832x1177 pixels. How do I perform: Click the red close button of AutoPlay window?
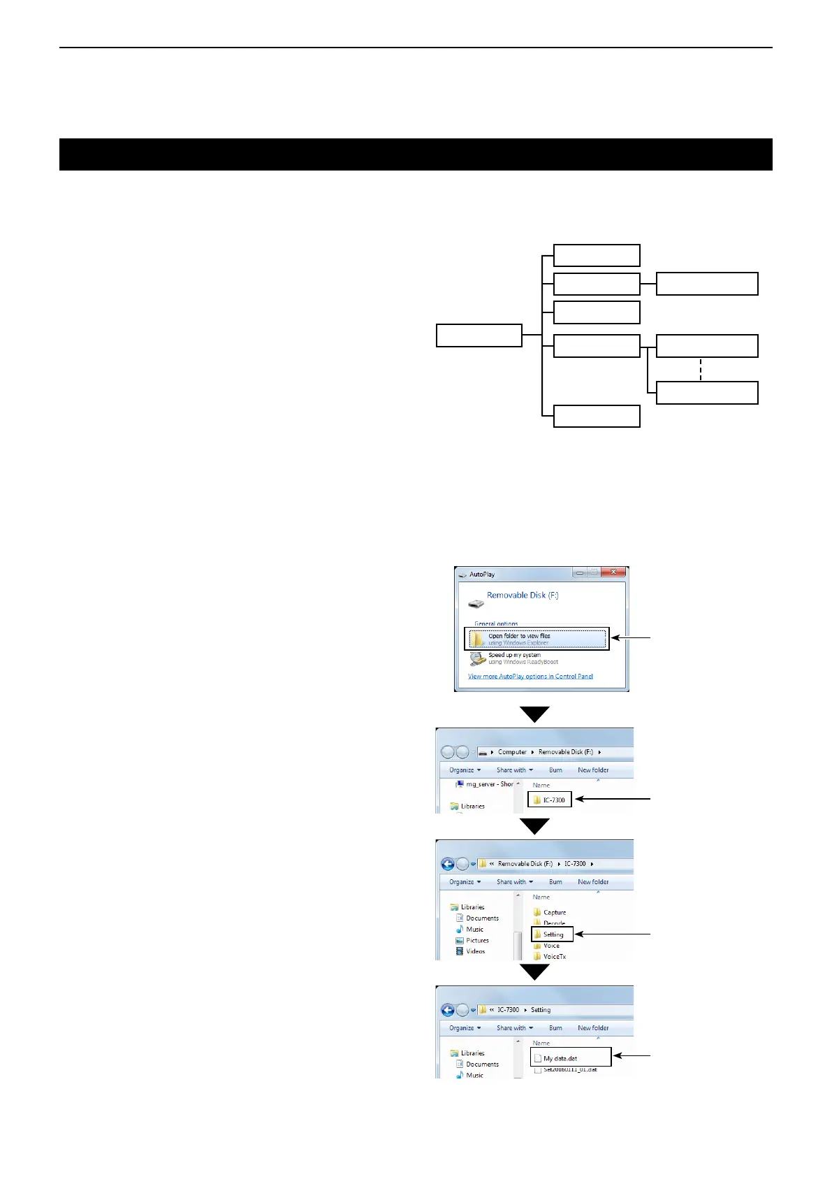(x=613, y=572)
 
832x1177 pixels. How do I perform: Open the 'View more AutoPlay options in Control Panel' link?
(x=530, y=677)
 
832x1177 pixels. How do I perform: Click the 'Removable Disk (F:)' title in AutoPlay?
(x=523, y=595)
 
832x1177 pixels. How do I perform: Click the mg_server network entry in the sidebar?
(x=485, y=784)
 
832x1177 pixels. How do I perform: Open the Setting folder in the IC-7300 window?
(x=552, y=934)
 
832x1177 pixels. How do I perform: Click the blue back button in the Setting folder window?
(x=448, y=1010)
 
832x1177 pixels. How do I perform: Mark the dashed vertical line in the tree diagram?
(x=700, y=370)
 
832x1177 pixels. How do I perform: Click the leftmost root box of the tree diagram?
(x=479, y=335)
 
